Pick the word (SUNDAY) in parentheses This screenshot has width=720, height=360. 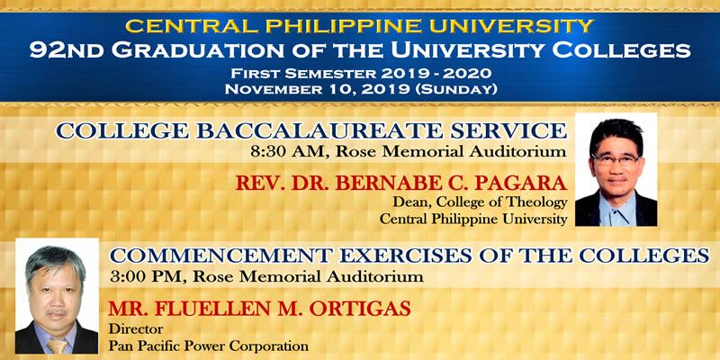click(x=456, y=89)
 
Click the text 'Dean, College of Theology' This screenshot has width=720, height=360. click(x=480, y=202)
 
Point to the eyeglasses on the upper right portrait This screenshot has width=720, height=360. click(x=616, y=159)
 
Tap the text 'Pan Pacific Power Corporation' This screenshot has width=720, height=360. click(x=209, y=346)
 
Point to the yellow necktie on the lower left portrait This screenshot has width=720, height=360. click(x=57, y=346)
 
